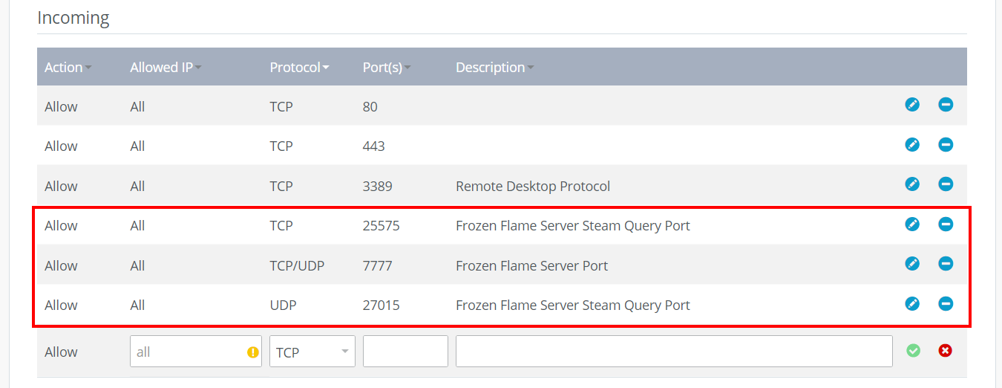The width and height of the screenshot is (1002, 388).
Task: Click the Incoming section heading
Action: (x=73, y=18)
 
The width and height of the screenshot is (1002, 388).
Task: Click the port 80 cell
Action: (x=370, y=106)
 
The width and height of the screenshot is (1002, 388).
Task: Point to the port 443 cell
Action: (x=373, y=146)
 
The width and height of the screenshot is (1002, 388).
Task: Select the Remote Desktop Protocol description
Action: (x=533, y=186)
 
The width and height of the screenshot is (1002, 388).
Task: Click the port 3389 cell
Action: (x=377, y=186)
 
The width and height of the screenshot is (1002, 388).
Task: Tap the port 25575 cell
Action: (x=381, y=225)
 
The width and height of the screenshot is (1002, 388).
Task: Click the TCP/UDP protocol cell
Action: (x=297, y=265)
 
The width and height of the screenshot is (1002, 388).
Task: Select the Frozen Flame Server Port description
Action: (x=531, y=265)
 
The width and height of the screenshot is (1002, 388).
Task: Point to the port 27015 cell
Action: (x=381, y=305)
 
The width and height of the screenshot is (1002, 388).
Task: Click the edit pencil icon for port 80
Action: (x=912, y=105)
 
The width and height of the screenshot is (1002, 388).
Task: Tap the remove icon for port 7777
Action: (x=946, y=263)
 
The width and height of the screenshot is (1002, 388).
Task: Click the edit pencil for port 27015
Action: (x=912, y=304)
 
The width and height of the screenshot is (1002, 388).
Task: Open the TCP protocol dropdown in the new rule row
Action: (x=312, y=352)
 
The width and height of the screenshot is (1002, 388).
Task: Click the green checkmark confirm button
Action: (x=913, y=350)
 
